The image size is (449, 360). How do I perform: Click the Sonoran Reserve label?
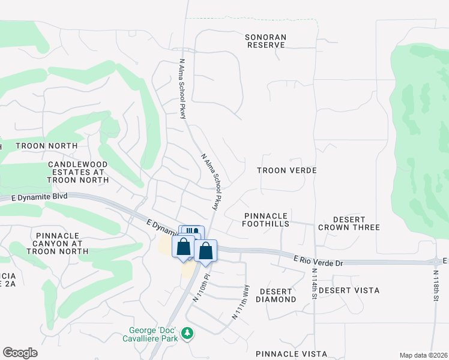(266, 41)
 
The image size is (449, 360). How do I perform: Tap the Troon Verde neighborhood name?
(286, 171)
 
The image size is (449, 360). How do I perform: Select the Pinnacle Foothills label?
(267, 220)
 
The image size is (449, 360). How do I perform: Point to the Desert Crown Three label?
(349, 223)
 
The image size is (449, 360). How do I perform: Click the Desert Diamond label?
(277, 295)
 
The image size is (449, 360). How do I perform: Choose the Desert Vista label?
(349, 290)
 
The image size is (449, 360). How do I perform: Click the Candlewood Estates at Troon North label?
(77, 172)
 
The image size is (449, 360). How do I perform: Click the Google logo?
(20, 353)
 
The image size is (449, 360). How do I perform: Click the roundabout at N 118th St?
(436, 262)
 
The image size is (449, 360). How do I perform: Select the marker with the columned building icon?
(192, 232)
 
